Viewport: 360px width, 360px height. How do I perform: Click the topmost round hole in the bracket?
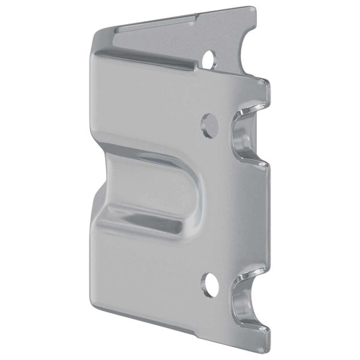pyautogui.click(x=209, y=59)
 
